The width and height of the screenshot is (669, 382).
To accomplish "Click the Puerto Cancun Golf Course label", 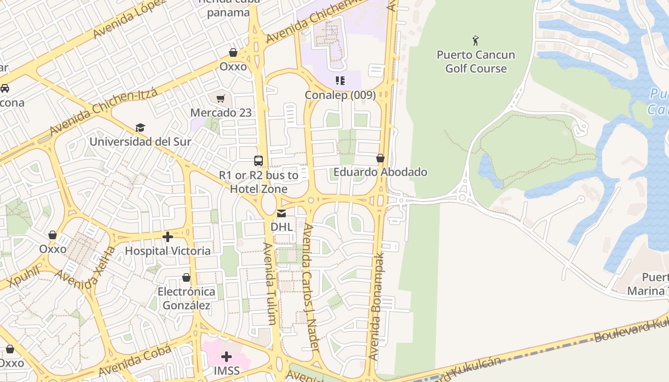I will click(x=475, y=62).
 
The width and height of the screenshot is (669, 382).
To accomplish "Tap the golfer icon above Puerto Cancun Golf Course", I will click(x=475, y=40).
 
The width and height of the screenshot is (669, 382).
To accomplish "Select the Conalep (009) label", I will click(x=340, y=95).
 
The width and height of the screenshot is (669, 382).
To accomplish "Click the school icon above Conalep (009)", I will click(x=340, y=80).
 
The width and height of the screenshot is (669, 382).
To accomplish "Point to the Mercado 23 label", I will click(x=221, y=113).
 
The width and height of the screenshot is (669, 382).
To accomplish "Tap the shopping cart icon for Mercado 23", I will click(x=221, y=98).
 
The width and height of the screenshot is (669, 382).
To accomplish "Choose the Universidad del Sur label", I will click(x=140, y=142).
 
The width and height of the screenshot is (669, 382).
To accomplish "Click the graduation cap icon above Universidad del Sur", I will click(x=140, y=127).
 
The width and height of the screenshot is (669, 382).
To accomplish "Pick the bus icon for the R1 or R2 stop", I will click(x=259, y=160).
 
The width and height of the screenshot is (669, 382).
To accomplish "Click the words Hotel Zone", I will click(x=259, y=189).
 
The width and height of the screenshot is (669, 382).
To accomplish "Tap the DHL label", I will click(x=281, y=227).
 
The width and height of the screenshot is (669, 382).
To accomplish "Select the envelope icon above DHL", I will click(x=281, y=213).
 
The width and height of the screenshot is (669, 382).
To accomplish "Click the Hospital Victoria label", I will click(x=168, y=251).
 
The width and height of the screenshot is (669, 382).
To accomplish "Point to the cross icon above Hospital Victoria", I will click(x=168, y=236).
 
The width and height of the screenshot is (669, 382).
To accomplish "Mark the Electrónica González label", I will click(x=186, y=298).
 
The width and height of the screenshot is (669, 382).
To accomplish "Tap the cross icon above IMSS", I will click(x=227, y=356).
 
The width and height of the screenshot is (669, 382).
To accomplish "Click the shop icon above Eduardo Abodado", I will click(x=380, y=158).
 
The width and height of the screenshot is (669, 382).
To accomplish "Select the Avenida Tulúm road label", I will click(x=270, y=284).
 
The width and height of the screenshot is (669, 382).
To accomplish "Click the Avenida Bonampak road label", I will click(x=377, y=306).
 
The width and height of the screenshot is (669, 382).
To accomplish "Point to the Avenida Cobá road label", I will click(x=135, y=360).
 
